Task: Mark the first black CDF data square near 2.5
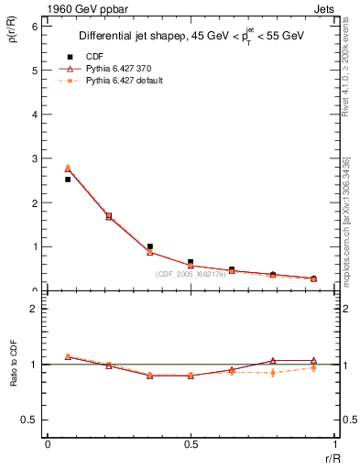pyautogui.click(x=68, y=180)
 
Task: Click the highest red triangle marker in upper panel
pyautogui.click(x=68, y=169)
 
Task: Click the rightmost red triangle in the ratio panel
pyautogui.click(x=313, y=361)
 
